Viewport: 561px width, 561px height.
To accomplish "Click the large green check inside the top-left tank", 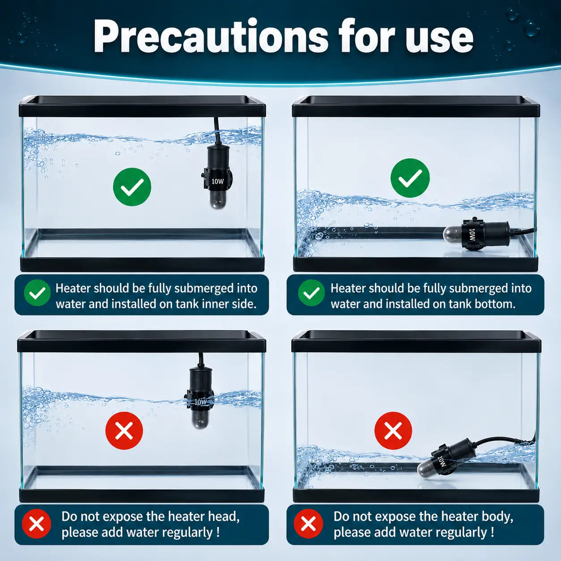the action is (x=132, y=187).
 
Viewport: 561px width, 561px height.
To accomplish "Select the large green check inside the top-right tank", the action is (x=410, y=178).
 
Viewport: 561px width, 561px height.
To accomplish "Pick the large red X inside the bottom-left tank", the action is (x=124, y=430).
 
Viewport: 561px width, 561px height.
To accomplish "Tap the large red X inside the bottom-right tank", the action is (x=393, y=430).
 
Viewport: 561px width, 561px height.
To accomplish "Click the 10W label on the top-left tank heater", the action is (x=217, y=181).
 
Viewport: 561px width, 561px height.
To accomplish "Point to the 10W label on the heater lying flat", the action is (x=472, y=234).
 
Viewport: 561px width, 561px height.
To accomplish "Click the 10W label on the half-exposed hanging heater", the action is (x=200, y=402).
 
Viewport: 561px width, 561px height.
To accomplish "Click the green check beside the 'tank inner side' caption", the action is (x=37, y=293).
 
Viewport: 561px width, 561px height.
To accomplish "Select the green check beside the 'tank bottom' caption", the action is (x=311, y=293).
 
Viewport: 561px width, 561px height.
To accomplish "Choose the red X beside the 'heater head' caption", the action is (x=36, y=524).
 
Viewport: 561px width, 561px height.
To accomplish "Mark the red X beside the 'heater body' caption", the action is (x=308, y=524).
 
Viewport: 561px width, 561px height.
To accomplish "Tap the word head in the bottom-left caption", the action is (x=224, y=517).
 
